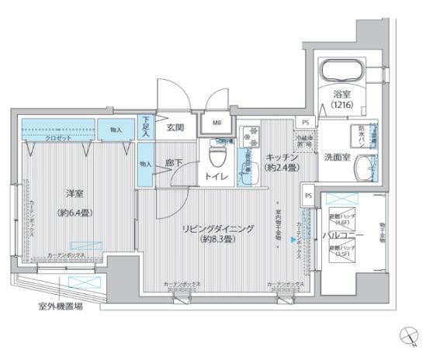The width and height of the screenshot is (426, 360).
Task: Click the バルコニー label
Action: pyautogui.click(x=340, y=234)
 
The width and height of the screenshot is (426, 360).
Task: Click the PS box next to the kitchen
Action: pyautogui.click(x=306, y=123)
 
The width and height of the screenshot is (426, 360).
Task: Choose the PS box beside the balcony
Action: pyautogui.click(x=308, y=197)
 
